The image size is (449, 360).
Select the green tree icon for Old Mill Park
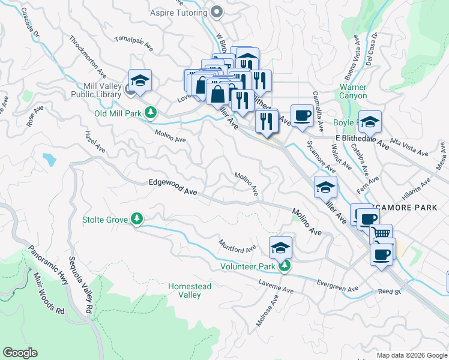tap(152, 112)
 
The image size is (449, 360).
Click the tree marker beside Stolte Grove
tap(137, 220)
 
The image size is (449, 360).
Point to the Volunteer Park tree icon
tap(286, 266)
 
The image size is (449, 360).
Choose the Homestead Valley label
tap(189, 290)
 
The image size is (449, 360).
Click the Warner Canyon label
tap(370, 91)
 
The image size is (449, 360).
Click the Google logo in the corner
tap(20, 353)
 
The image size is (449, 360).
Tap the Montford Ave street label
tap(237, 245)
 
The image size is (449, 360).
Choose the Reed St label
tap(388, 292)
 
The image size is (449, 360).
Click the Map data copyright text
tap(411, 355)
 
